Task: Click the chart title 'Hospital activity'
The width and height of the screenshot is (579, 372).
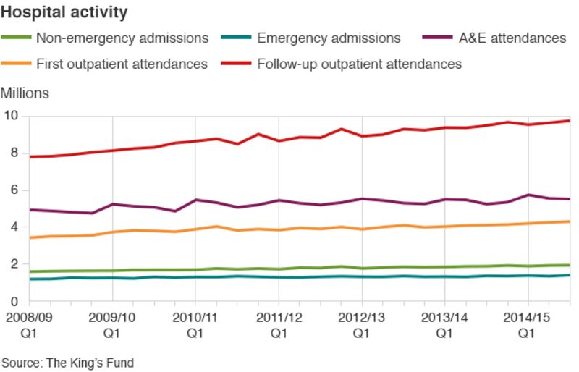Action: pyautogui.click(x=65, y=12)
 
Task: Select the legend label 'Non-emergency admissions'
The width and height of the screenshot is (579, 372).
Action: pyautogui.click(x=122, y=38)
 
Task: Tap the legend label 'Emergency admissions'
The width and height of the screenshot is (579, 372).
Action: pyautogui.click(x=329, y=38)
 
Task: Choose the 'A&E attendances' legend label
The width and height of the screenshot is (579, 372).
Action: pyautogui.click(x=512, y=38)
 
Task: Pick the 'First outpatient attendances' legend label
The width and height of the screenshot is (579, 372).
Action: pyautogui.click(x=122, y=64)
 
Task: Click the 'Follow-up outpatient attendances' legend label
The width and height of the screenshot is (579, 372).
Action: pyautogui.click(x=359, y=64)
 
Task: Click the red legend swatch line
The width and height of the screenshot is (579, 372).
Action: pyautogui.click(x=237, y=64)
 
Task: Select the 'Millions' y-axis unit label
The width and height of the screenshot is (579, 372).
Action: pyautogui.click(x=25, y=93)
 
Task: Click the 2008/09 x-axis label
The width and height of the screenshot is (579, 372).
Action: pyautogui.click(x=29, y=318)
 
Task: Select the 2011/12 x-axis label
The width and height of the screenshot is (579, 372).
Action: pyautogui.click(x=279, y=318)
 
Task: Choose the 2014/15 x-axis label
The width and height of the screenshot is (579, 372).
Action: pyautogui.click(x=528, y=318)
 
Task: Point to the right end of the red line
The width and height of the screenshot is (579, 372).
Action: pyautogui.click(x=570, y=121)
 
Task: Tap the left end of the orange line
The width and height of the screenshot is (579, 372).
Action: pyautogui.click(x=30, y=237)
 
